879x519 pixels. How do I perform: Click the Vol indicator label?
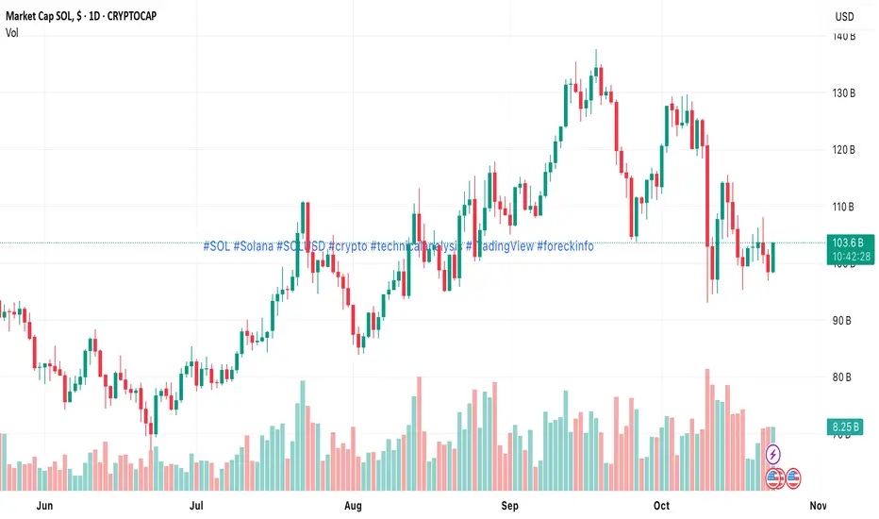tap(11, 32)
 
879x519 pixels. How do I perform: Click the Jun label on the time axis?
tap(41, 506)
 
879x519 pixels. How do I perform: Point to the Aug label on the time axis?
tap(353, 506)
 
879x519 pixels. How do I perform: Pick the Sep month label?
tap(510, 506)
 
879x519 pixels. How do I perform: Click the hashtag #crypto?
tap(348, 246)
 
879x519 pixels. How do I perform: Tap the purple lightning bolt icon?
tap(773, 455)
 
